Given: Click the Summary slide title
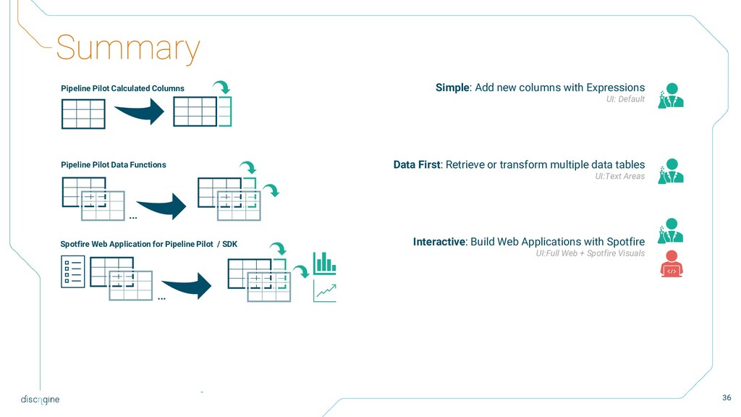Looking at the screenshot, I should click(127, 49).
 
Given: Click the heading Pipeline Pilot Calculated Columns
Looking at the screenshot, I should click(122, 88).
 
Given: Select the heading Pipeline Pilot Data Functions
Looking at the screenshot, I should click(113, 165).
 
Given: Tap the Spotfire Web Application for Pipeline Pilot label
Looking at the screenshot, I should click(148, 244).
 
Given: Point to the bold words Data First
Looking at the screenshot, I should click(416, 165).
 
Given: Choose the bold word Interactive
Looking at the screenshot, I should click(439, 242).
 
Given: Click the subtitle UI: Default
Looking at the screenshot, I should click(625, 99).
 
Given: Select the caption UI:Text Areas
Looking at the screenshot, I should click(619, 177).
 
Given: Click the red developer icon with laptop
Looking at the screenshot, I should click(672, 264).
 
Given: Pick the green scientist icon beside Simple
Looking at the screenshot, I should click(671, 96).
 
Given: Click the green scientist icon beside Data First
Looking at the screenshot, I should click(671, 171).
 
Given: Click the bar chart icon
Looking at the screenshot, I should click(324, 262).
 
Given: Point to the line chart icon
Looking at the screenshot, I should click(324, 292).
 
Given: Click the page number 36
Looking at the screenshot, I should click(727, 397).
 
